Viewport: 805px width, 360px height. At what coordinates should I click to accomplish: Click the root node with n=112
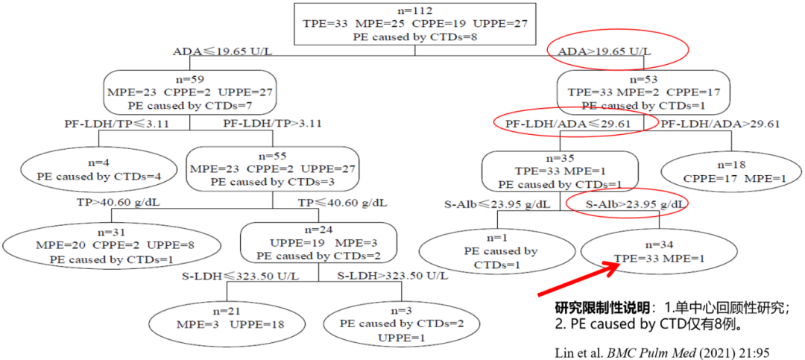(415, 23)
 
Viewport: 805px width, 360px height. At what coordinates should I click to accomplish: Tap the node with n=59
(190, 92)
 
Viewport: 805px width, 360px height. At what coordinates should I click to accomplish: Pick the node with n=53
(643, 92)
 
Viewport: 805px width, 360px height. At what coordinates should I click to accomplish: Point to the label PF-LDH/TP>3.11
(274, 124)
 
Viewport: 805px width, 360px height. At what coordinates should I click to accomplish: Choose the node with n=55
(273, 169)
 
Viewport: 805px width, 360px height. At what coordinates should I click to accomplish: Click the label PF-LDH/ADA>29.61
(721, 124)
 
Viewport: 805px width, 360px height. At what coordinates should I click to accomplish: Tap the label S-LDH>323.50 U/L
(392, 277)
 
